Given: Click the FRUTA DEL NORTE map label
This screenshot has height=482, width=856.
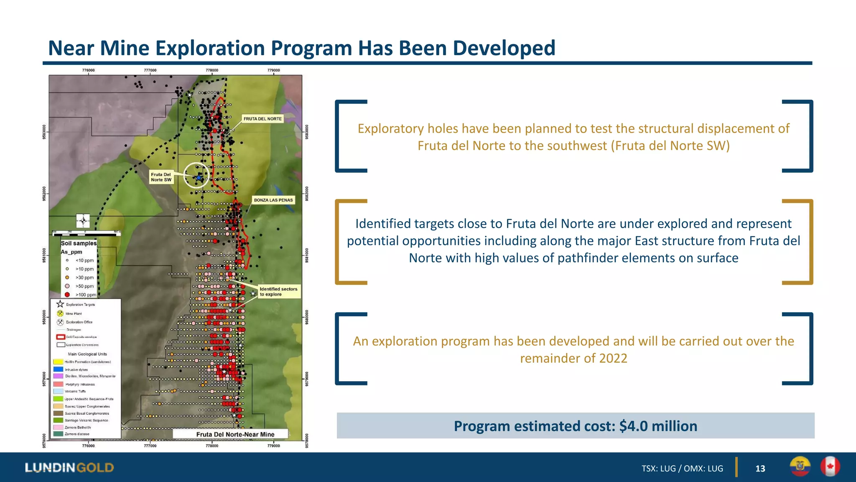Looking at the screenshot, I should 262,119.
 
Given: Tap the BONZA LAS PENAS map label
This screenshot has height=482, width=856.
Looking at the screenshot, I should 273,200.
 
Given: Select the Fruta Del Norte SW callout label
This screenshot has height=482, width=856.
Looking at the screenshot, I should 161,177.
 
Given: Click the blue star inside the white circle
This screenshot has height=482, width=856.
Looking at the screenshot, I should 199,178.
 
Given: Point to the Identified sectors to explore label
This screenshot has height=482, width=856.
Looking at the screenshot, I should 278,292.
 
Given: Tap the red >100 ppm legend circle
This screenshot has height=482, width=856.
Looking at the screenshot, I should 67,295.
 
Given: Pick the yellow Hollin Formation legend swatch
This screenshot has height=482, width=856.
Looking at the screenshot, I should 58,362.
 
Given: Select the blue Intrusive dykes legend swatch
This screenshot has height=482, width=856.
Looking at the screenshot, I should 58,369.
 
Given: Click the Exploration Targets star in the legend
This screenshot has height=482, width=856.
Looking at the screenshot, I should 60,304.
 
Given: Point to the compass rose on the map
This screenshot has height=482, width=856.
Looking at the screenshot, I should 83,220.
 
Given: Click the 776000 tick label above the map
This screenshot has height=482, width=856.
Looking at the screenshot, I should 88,70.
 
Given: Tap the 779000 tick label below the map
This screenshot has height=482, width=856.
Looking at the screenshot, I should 273,446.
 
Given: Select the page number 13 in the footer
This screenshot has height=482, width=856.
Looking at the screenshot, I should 760,469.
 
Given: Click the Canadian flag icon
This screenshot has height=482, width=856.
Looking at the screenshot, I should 830,467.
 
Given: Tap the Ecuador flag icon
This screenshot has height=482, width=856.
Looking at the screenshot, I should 800,467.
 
